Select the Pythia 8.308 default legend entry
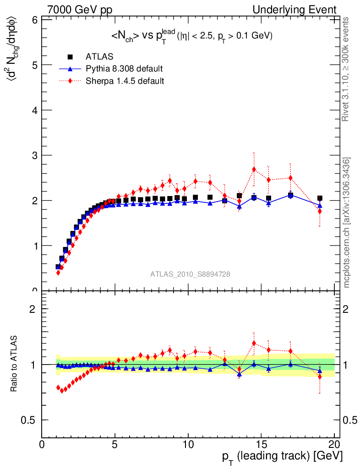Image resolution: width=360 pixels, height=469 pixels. [124, 69]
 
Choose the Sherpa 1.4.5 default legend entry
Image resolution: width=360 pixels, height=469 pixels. [125, 81]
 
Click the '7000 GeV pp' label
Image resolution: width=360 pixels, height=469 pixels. [80, 10]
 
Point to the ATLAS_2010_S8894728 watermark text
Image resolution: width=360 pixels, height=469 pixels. [190, 274]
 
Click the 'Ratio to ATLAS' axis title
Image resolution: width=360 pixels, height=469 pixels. [14, 364]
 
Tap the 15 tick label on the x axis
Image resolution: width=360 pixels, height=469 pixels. [261, 445]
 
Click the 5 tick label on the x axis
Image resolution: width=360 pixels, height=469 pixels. [115, 445]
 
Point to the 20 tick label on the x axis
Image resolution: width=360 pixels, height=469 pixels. [334, 445]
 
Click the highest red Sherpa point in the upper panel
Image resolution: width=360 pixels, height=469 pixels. [254, 169]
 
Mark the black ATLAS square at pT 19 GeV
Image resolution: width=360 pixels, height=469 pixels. [320, 198]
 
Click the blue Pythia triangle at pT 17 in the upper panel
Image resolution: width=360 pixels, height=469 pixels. [290, 195]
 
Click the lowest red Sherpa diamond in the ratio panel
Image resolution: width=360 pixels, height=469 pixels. [62, 390]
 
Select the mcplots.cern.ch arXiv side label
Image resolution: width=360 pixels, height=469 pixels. [347, 223]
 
